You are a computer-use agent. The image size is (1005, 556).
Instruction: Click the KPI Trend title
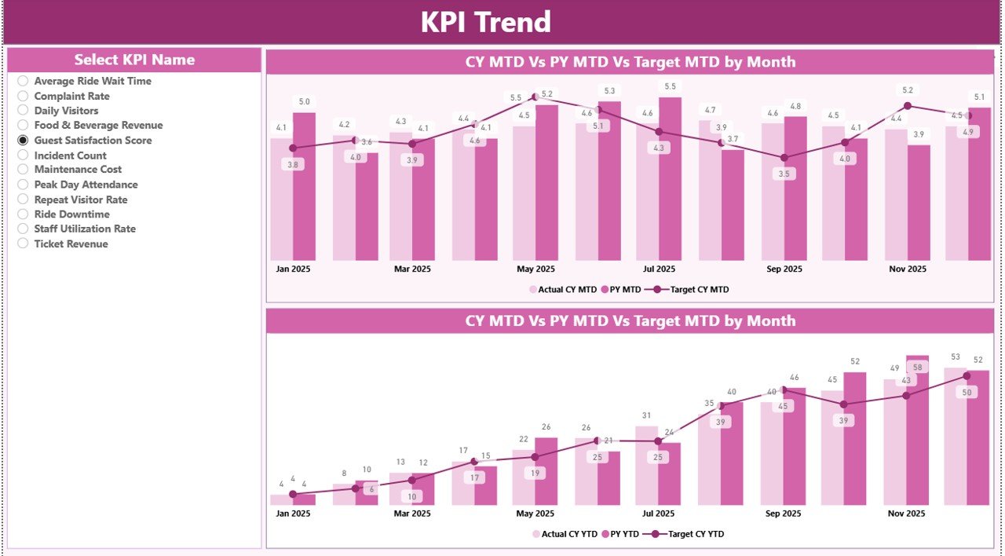tap(485, 22)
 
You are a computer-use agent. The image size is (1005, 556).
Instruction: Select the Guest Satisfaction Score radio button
tap(23, 141)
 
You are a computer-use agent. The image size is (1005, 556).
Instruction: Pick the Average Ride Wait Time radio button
tap(23, 81)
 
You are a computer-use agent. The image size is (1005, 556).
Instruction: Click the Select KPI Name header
tap(134, 60)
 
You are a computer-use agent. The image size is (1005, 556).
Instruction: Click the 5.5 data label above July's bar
tap(670, 86)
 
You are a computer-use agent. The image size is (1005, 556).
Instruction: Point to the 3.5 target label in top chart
tap(784, 174)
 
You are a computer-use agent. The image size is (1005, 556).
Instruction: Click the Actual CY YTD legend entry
tap(564, 534)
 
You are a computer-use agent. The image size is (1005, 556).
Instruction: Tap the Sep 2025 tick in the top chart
tap(784, 269)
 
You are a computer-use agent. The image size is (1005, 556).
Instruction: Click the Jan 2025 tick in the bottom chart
tap(293, 514)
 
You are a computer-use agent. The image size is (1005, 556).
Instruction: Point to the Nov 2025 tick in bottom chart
tap(906, 514)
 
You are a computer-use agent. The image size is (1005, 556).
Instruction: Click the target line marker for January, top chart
tap(293, 148)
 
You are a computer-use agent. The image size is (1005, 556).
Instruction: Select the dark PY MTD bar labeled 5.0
tap(304, 186)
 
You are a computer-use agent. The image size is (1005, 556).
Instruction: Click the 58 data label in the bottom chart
tap(918, 367)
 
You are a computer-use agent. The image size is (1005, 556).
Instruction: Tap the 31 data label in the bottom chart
tap(646, 415)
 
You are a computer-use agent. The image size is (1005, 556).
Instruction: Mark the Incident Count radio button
tap(23, 155)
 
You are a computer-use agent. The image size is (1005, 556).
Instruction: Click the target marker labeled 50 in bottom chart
tap(967, 376)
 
